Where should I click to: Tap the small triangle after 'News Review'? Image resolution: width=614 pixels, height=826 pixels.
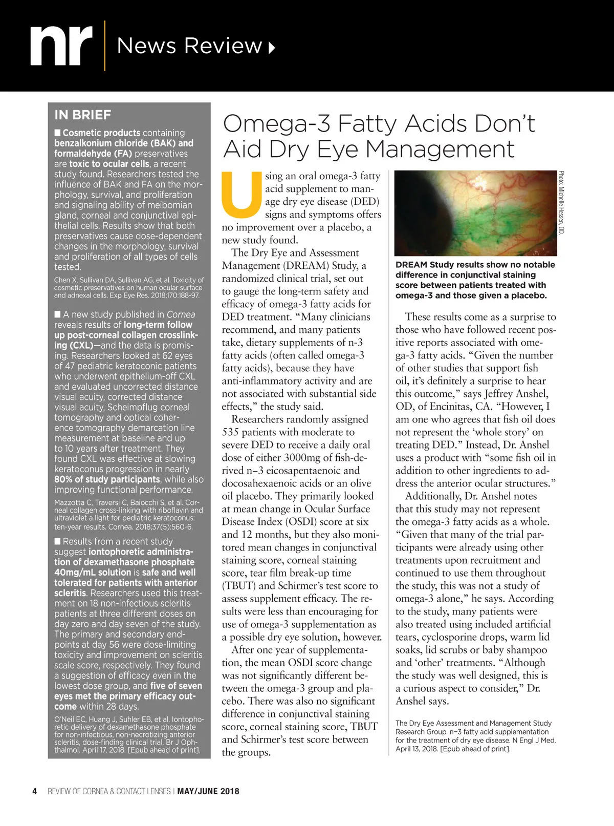point(272,48)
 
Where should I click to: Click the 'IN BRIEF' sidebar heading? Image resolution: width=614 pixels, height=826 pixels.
point(82,115)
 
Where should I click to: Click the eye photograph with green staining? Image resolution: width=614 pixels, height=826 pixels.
point(476,213)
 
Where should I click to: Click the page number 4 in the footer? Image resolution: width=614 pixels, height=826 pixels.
point(35,791)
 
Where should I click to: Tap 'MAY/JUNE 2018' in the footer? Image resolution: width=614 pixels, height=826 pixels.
point(208,791)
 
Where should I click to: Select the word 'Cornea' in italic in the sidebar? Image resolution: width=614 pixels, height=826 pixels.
point(181,314)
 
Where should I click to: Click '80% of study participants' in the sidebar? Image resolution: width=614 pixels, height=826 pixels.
point(107,479)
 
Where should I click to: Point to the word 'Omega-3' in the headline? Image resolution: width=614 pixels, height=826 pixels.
point(276,123)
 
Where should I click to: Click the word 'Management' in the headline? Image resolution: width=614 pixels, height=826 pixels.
point(441,149)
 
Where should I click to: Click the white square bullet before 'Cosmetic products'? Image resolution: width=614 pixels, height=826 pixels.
point(58,133)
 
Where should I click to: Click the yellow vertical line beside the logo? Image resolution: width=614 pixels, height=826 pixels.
point(104,46)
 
